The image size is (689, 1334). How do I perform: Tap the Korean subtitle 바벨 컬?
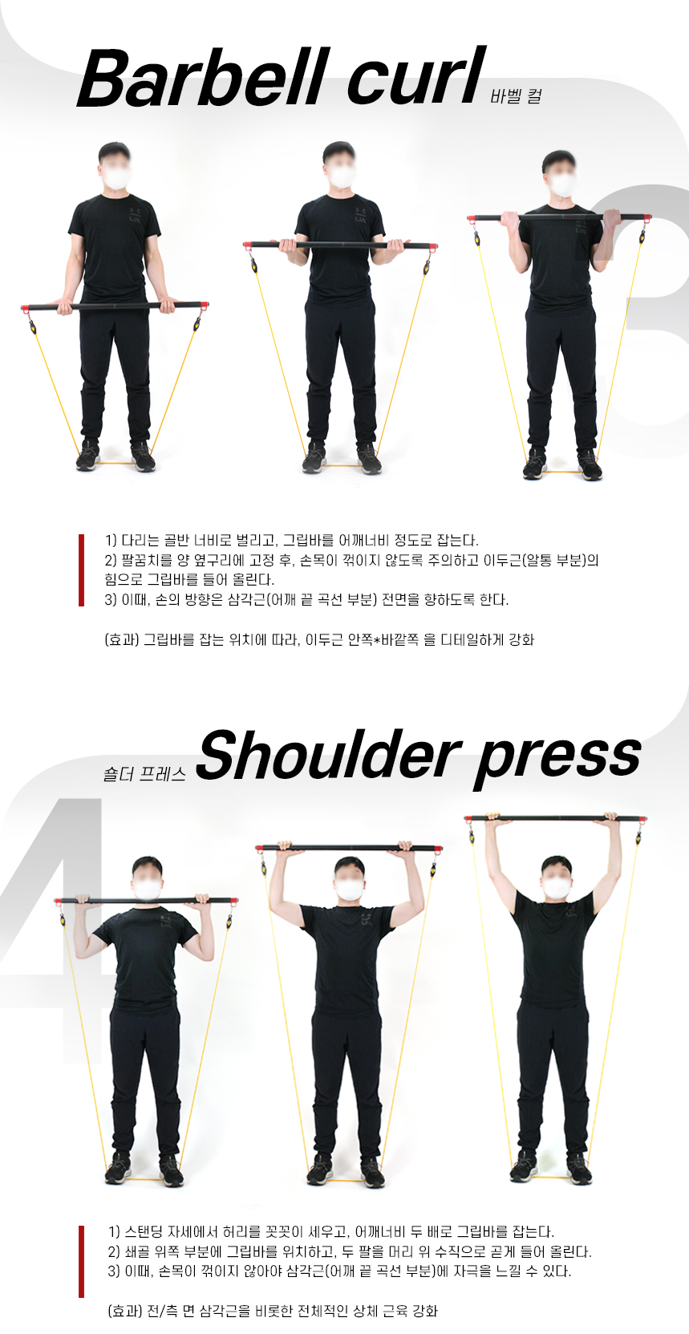point(516,96)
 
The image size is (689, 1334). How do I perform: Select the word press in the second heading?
point(557,760)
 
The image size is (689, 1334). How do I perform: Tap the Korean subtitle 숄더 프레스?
point(144,773)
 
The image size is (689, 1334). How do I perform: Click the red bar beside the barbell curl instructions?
point(81,570)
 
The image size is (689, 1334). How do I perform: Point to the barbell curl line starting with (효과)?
point(319,640)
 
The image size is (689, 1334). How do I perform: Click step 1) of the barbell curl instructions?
point(292,541)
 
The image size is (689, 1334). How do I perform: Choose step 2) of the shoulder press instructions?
point(350,1251)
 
